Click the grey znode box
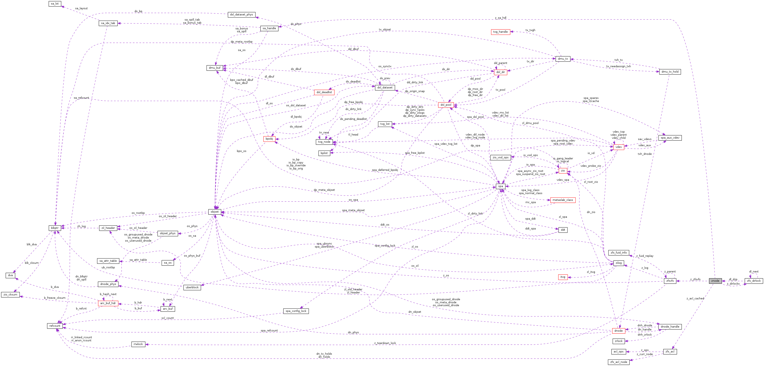point(715,281)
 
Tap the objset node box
point(215,212)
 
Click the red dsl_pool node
point(446,105)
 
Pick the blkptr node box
point(55,228)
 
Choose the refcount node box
point(55,326)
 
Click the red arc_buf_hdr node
point(108,303)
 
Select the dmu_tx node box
point(563,59)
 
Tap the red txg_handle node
point(500,32)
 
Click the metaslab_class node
point(563,200)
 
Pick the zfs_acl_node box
point(619,362)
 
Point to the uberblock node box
point(192,287)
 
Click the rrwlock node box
point(138,344)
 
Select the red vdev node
point(619,147)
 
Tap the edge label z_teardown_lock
point(385,343)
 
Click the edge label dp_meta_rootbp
point(241,42)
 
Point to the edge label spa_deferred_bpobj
point(385,170)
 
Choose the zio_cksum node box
point(10,295)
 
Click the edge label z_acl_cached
point(695,299)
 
